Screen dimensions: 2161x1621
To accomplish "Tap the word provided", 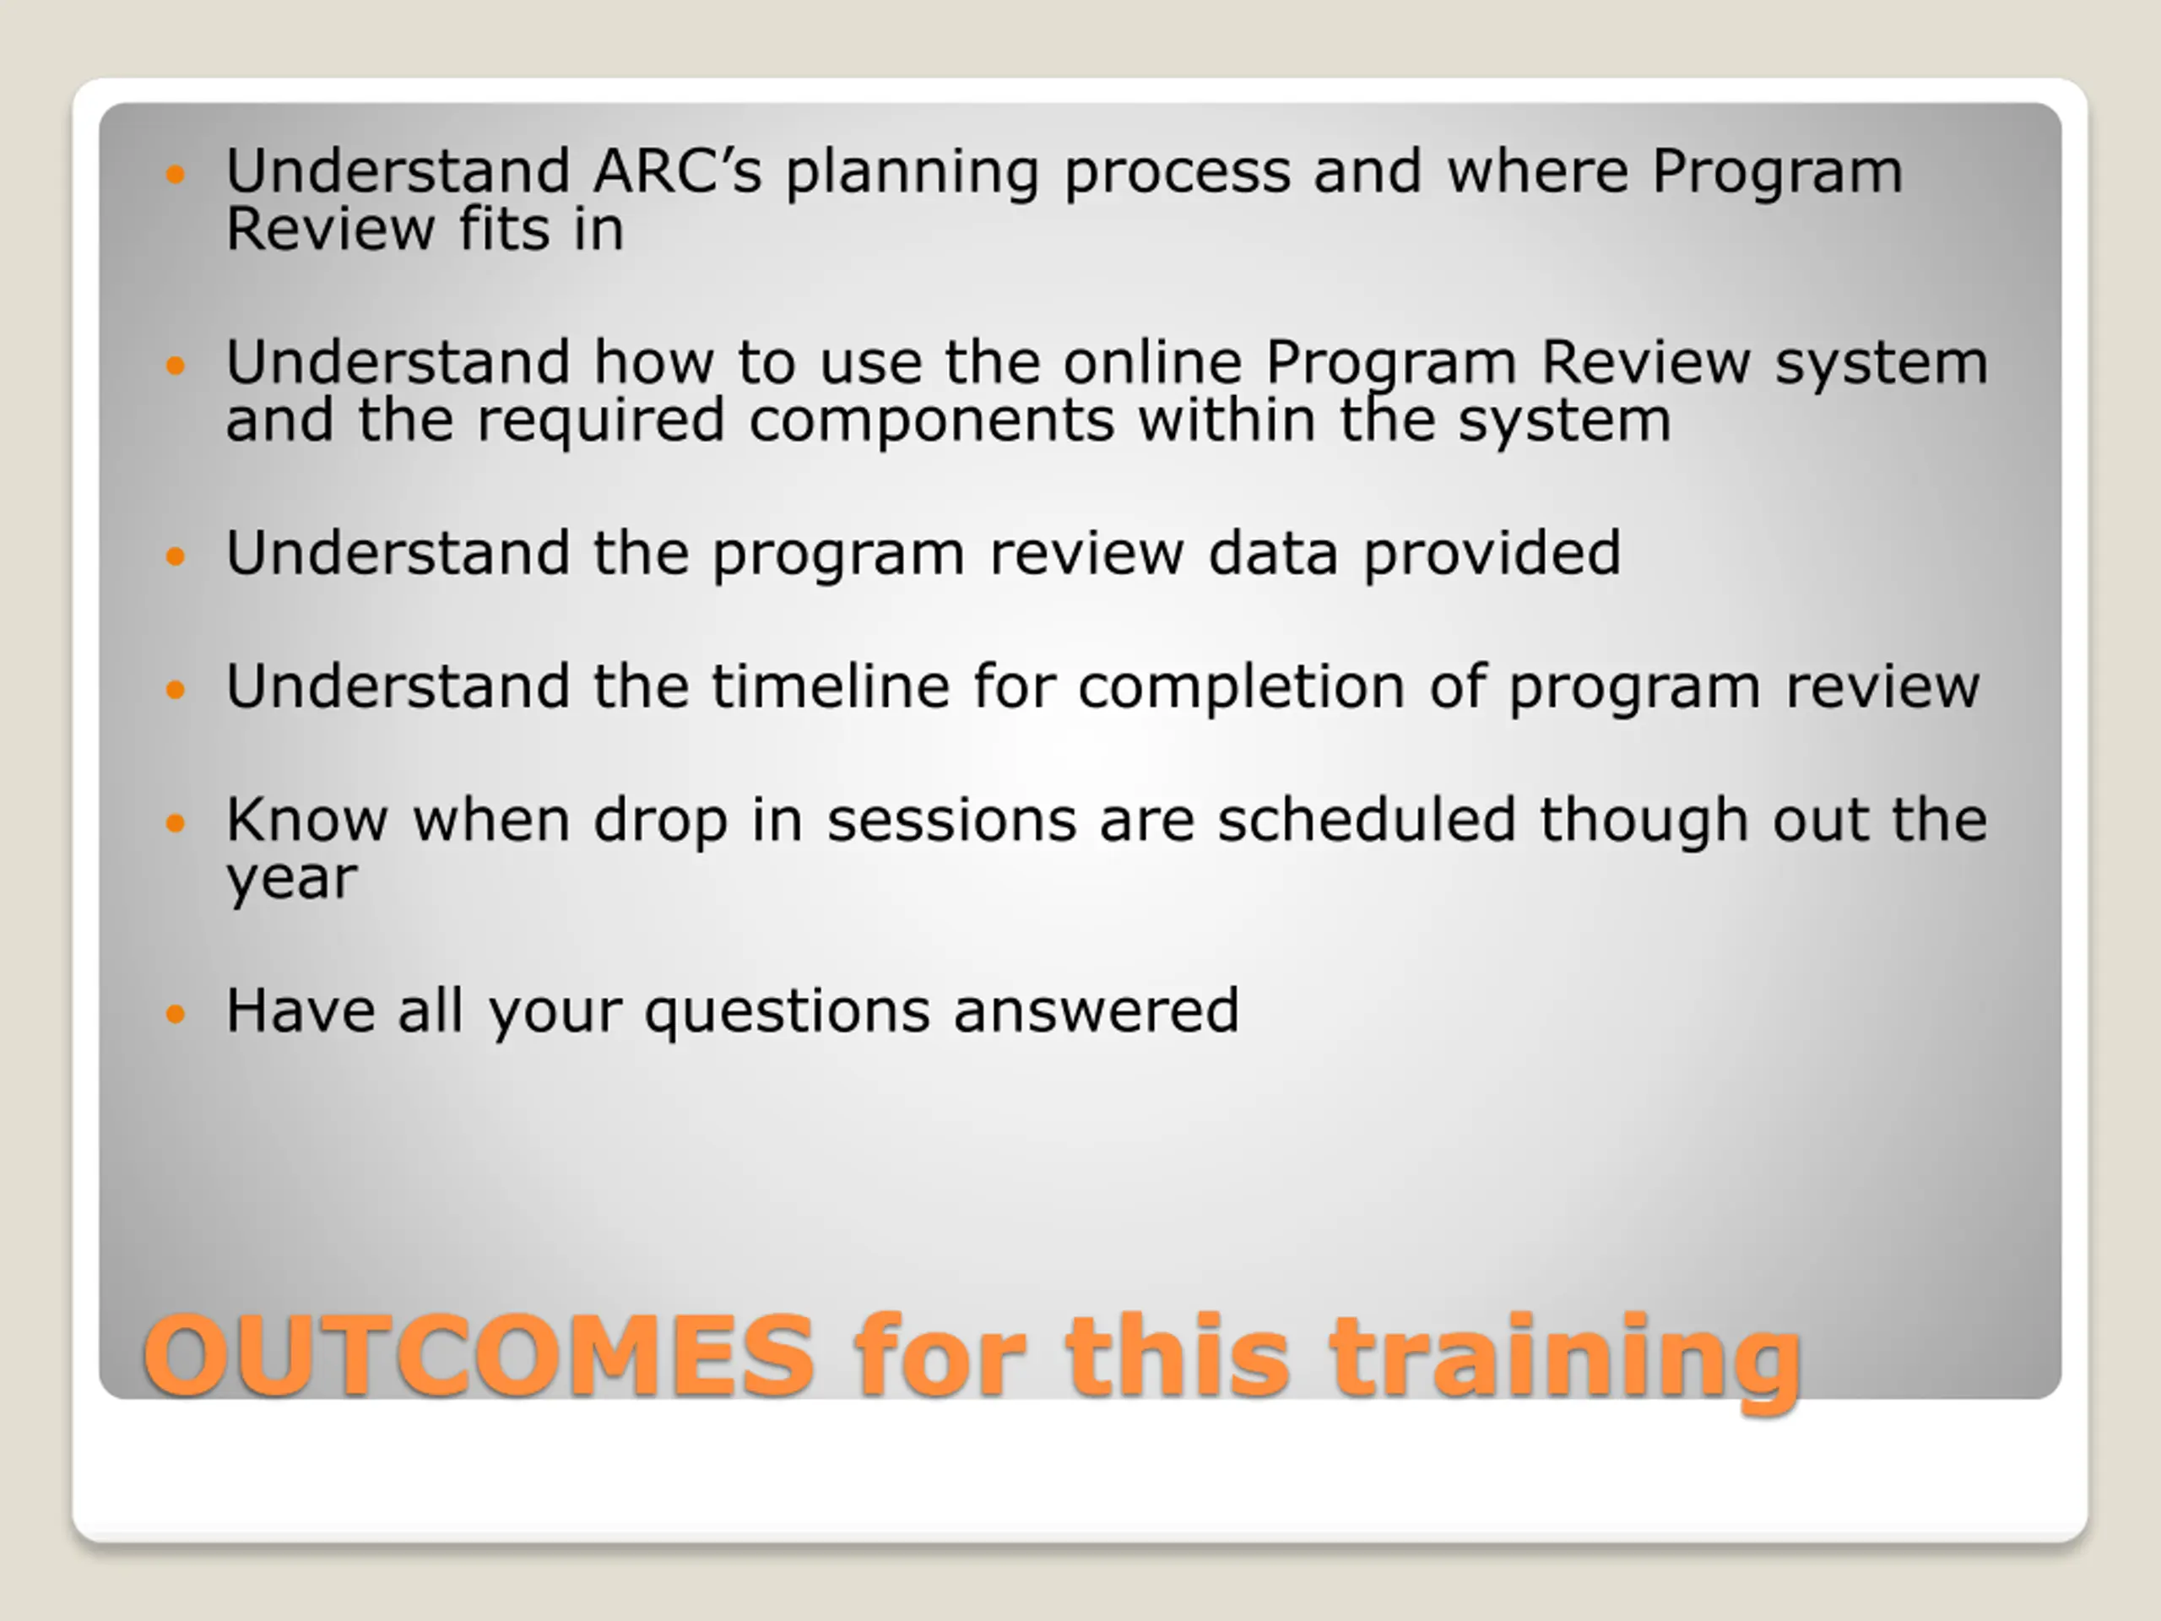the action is tap(1492, 554).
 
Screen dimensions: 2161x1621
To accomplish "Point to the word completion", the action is tap(1242, 689).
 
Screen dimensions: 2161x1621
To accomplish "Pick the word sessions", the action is tap(951, 821).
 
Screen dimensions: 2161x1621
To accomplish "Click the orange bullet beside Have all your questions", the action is tap(175, 1013).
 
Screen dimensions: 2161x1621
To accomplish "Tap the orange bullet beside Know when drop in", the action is tap(175, 822).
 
